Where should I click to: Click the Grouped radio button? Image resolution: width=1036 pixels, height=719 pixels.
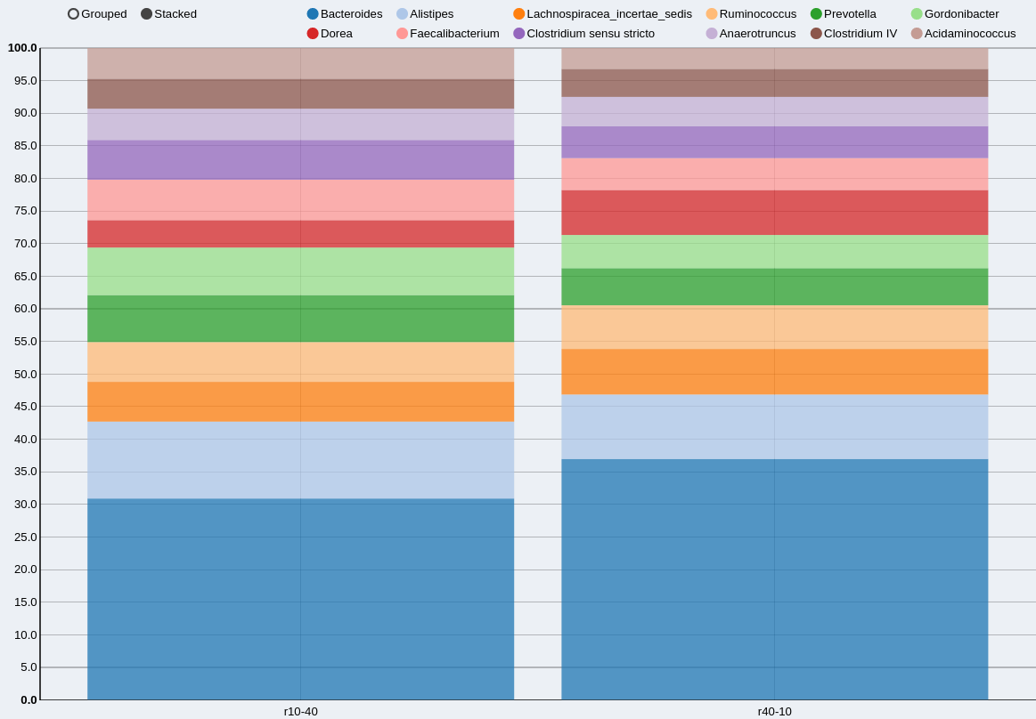73,14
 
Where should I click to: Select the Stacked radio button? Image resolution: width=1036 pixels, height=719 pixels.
147,14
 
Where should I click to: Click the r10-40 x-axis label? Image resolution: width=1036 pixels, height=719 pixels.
300,711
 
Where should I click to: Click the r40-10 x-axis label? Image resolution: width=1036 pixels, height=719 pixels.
774,711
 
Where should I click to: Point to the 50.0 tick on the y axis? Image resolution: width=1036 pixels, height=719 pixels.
25,374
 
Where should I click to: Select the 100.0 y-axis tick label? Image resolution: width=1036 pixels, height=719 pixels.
22,48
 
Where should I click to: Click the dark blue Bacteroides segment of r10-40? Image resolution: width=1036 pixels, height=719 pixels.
300,599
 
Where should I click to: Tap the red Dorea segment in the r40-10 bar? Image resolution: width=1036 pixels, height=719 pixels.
774,213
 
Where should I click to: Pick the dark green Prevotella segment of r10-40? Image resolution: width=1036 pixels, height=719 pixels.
300,319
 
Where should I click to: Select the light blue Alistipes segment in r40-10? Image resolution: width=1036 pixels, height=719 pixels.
774,427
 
